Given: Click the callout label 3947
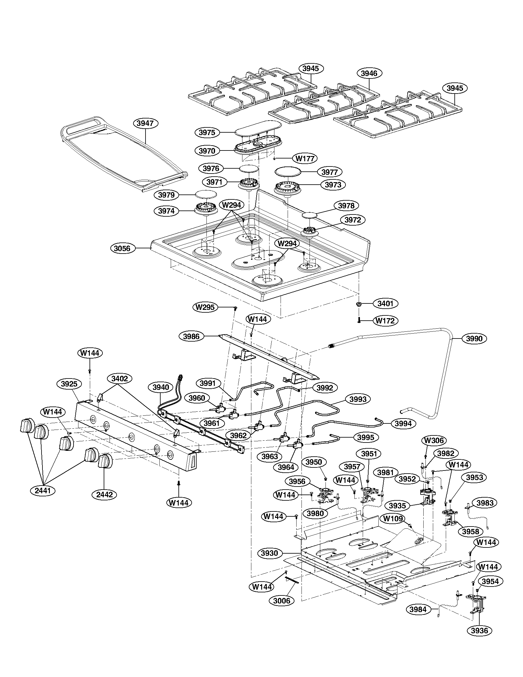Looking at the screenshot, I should click(145, 123).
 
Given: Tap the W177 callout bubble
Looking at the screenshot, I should click(305, 159).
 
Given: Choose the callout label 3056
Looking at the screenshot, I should click(122, 248).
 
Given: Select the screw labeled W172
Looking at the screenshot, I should click(359, 320).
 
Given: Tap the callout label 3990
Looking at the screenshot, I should click(474, 338).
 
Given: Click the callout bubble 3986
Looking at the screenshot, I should click(191, 336).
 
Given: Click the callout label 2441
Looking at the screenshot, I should click(43, 491).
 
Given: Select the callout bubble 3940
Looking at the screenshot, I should click(161, 387).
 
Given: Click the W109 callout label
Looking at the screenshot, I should click(393, 519).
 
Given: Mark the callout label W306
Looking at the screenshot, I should click(434, 440).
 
